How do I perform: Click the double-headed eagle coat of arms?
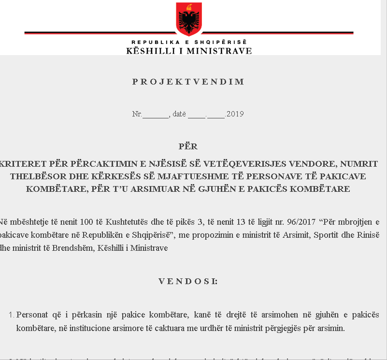[189, 17]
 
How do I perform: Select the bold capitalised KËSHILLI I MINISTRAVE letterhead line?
[189, 51]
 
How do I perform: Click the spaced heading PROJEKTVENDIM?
[188, 82]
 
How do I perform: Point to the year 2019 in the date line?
[235, 115]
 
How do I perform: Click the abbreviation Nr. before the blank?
[137, 115]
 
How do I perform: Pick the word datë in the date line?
[179, 115]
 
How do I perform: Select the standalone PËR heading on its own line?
[188, 146]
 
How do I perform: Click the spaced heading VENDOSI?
[188, 281]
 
